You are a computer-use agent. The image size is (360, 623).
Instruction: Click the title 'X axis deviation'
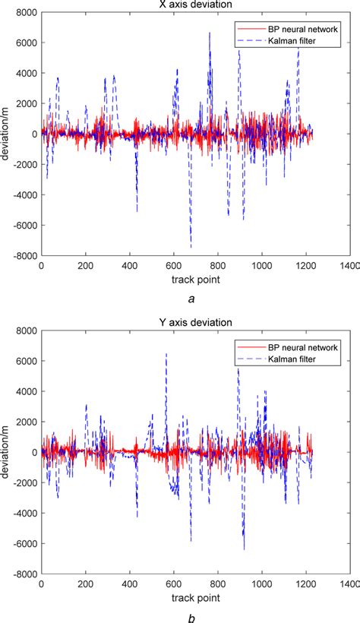[x=191, y=5]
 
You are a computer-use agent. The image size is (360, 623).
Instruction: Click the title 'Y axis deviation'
[x=191, y=323]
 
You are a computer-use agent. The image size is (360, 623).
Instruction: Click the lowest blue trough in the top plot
[x=191, y=247]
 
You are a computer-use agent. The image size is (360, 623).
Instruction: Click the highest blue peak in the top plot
[x=210, y=33]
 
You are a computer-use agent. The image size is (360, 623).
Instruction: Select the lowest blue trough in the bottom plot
[x=244, y=549]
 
